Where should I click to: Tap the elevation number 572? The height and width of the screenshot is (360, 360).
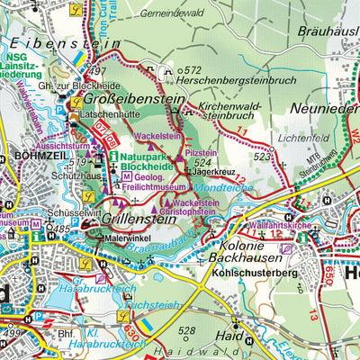tap(193, 69)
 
